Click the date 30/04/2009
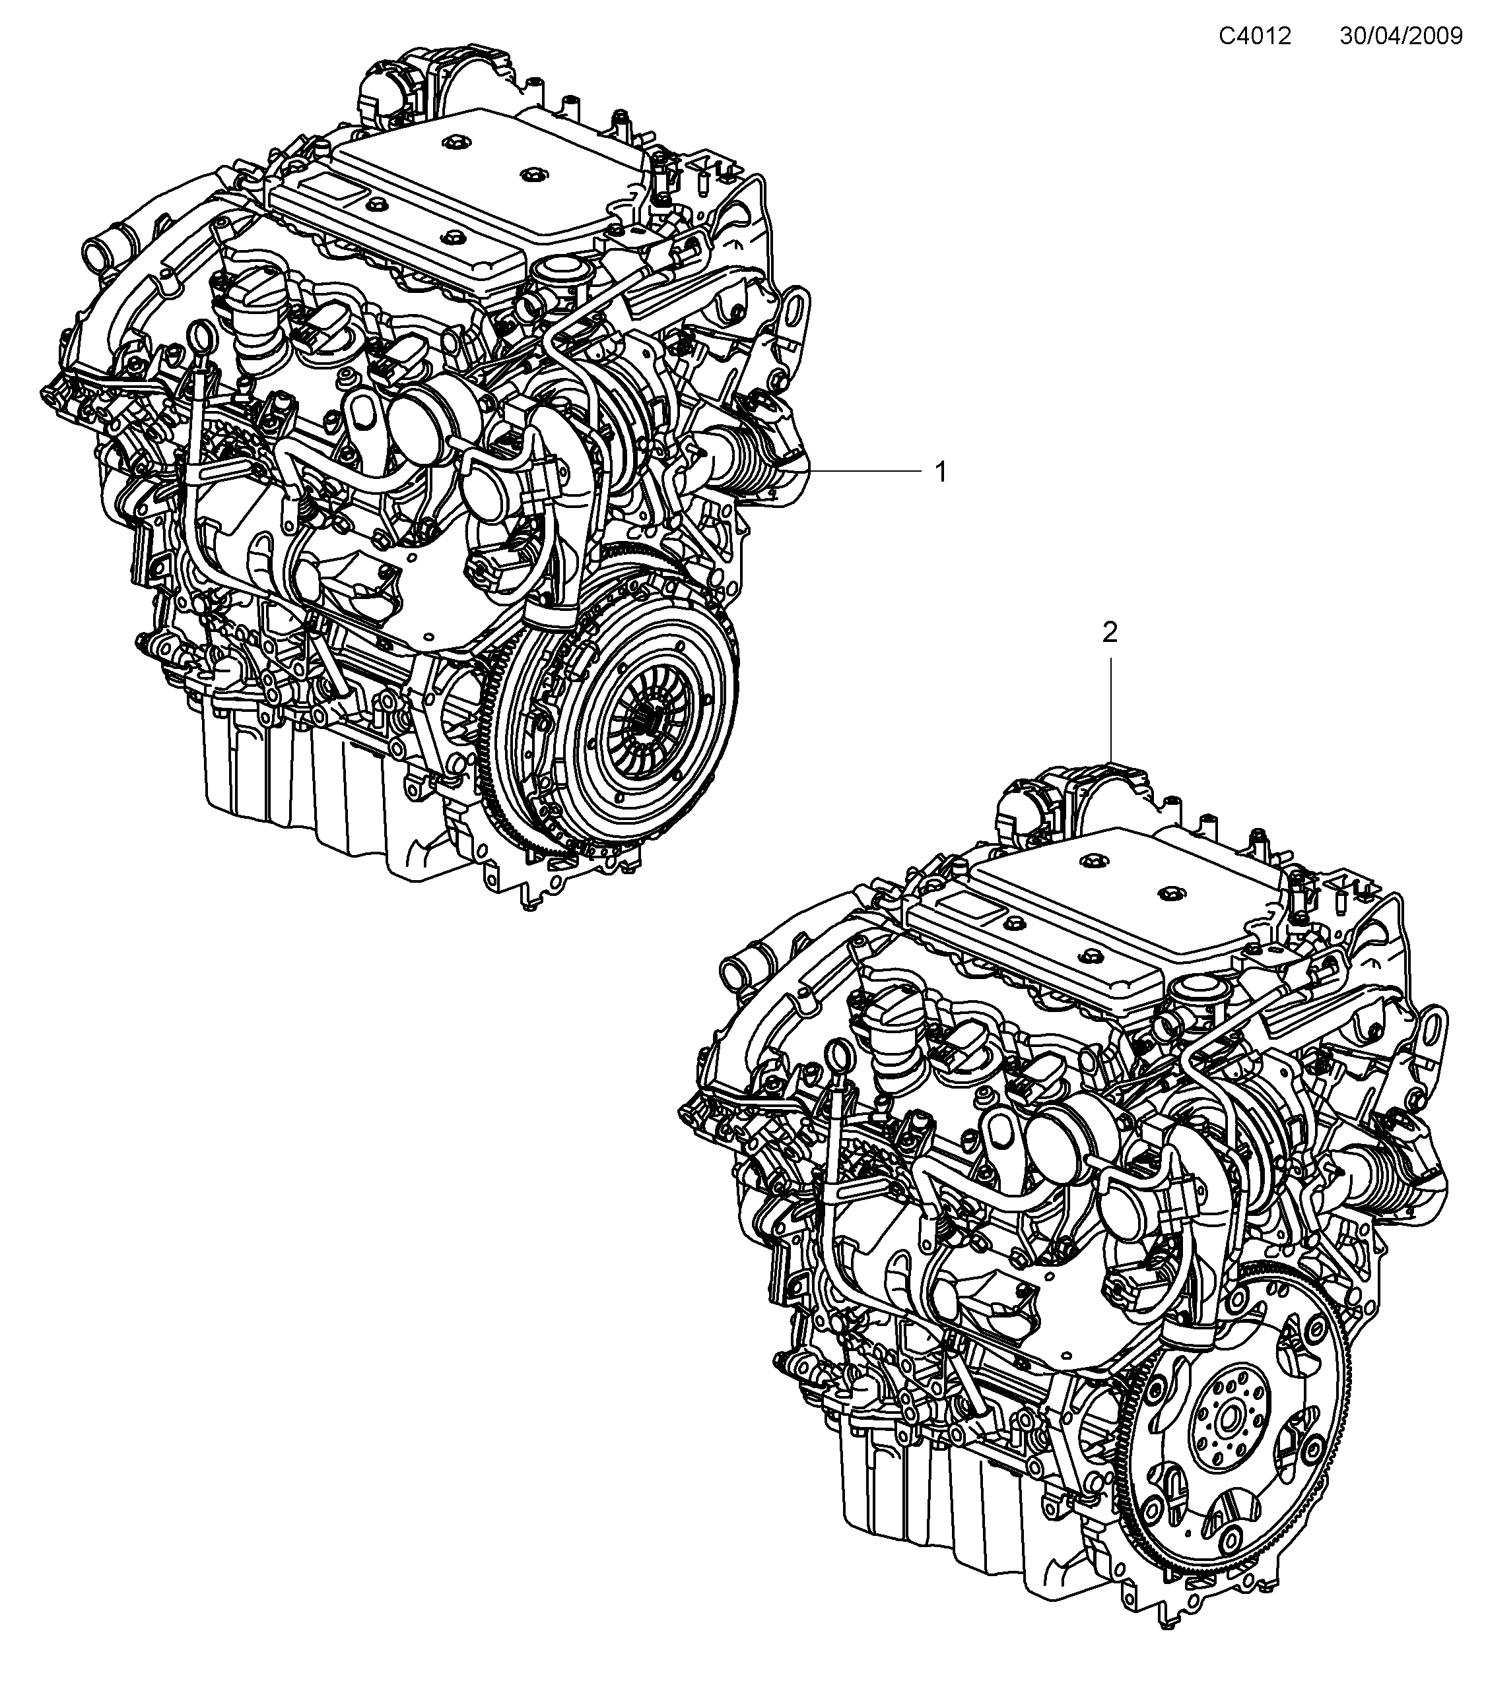1400,36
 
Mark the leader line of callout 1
865,470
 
